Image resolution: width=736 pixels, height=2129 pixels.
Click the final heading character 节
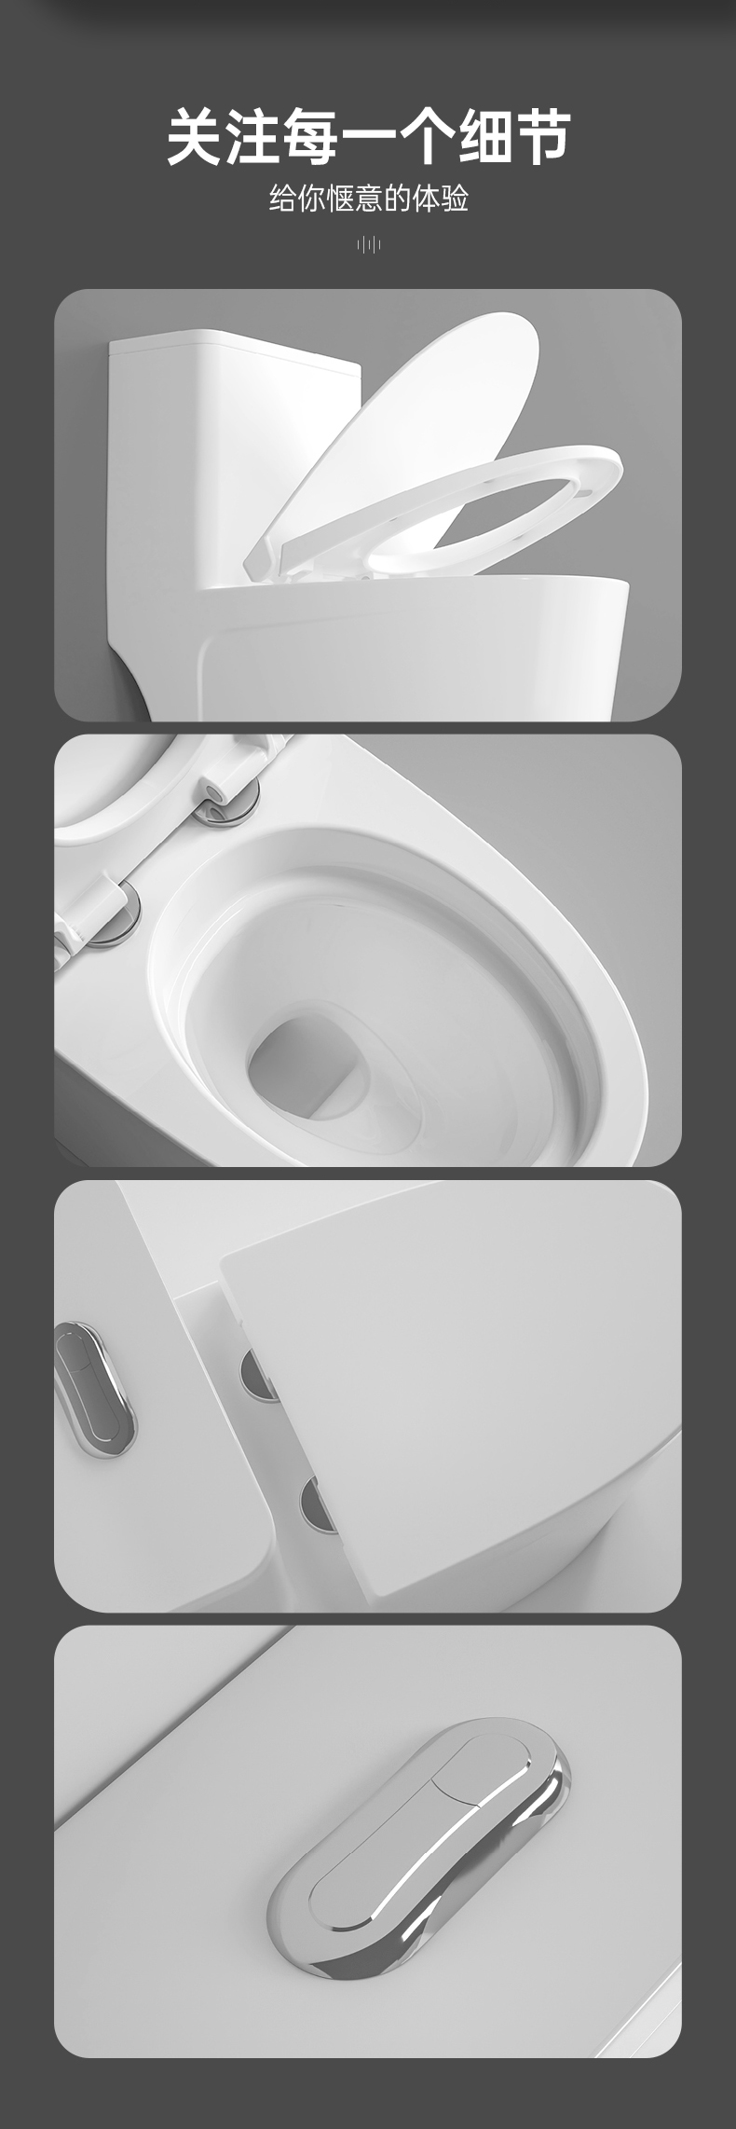coord(542,136)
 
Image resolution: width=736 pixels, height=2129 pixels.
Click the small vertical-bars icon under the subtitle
coord(369,245)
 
